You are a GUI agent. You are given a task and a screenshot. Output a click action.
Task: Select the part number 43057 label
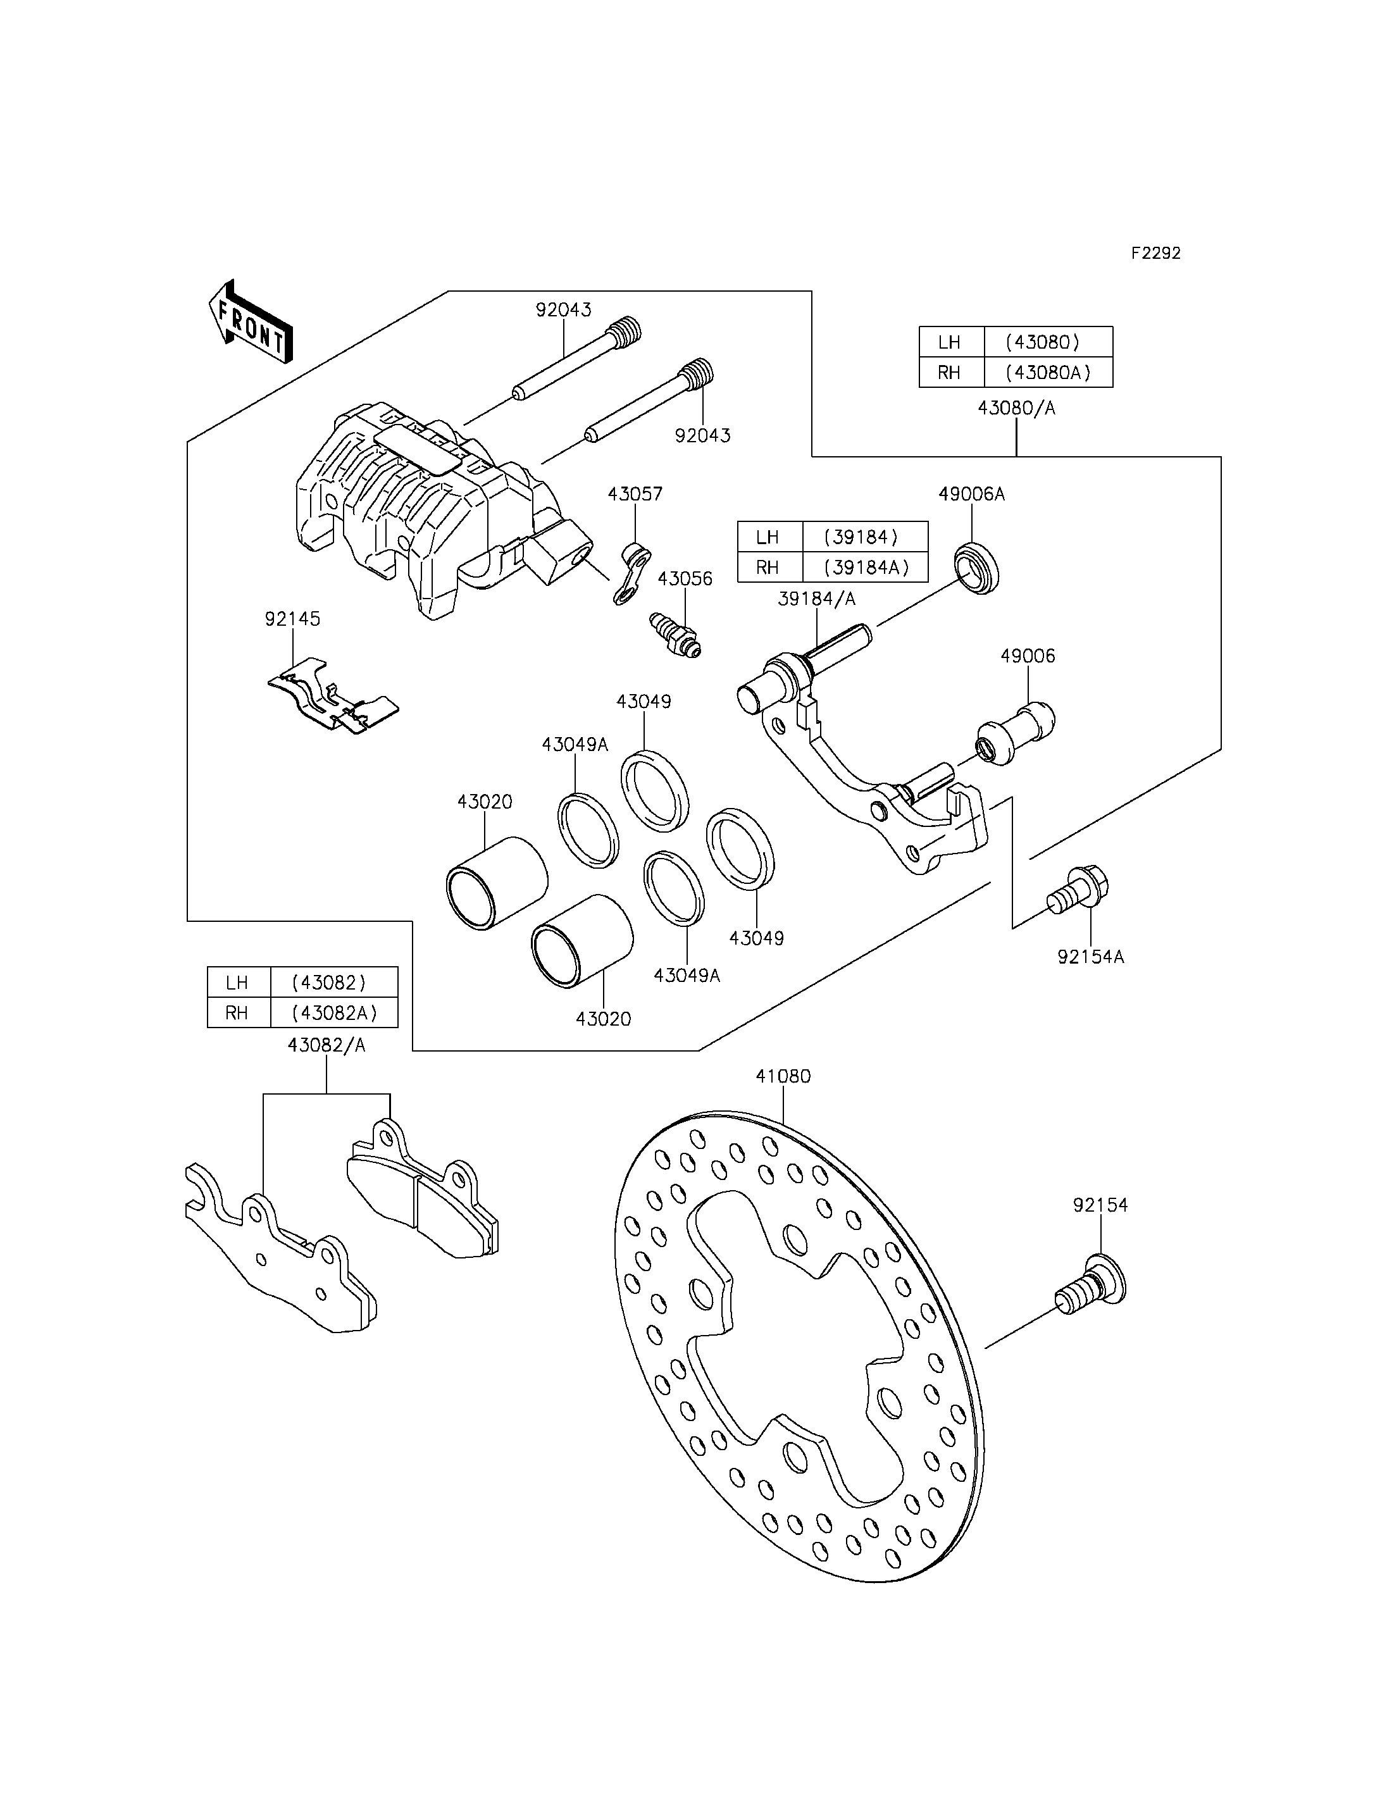(x=635, y=494)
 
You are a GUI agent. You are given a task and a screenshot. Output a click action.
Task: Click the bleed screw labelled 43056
(x=675, y=634)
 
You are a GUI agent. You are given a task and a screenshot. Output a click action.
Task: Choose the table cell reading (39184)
(x=864, y=537)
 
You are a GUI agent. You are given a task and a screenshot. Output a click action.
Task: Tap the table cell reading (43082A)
(x=334, y=1013)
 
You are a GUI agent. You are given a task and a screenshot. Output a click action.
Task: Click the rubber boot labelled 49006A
(x=977, y=568)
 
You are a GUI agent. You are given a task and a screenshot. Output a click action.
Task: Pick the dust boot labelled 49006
(x=1016, y=733)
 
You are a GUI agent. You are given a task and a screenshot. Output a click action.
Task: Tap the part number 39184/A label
(x=816, y=599)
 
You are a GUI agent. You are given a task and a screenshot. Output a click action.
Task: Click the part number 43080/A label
(x=1016, y=408)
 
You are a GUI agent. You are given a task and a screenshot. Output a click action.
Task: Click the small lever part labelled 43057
(x=632, y=573)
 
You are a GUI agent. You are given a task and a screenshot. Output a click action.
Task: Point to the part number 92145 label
(x=292, y=618)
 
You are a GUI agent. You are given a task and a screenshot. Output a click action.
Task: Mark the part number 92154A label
(x=1091, y=957)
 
